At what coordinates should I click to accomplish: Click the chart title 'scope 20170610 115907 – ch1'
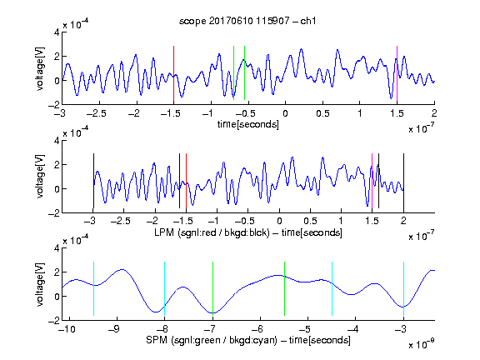pos(247,21)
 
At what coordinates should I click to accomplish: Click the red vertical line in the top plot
pos(173,73)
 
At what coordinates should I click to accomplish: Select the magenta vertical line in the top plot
pos(397,73)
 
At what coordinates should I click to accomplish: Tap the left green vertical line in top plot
pos(233,72)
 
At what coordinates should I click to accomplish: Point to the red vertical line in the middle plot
pos(186,181)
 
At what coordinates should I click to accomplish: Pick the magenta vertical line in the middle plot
pos(372,181)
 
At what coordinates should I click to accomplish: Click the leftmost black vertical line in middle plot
pos(93,181)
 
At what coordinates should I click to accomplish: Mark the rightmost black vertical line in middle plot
pos(404,181)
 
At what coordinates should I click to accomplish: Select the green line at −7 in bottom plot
pos(212,288)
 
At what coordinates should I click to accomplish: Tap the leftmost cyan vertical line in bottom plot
pos(93,288)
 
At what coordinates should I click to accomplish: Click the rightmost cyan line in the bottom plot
pos(404,288)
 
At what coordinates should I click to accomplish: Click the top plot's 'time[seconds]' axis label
pos(248,124)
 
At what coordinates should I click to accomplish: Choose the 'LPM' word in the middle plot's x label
pos(164,232)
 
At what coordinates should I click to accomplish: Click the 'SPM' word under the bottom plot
pos(157,340)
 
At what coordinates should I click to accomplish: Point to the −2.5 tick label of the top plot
pos(97,113)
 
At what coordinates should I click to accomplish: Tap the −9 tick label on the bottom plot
pos(114,329)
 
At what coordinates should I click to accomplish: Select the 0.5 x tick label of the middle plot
pos(310,221)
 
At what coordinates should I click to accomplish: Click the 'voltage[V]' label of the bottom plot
pos(40,284)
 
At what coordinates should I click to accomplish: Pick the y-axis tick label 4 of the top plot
pos(57,32)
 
